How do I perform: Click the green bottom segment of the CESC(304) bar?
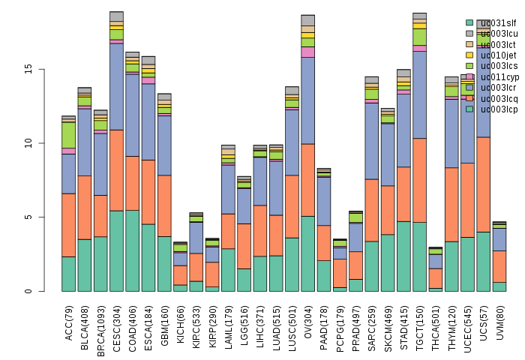(116, 250)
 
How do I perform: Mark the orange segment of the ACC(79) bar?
(69, 225)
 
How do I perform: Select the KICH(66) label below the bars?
(181, 322)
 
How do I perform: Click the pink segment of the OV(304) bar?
(308, 52)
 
